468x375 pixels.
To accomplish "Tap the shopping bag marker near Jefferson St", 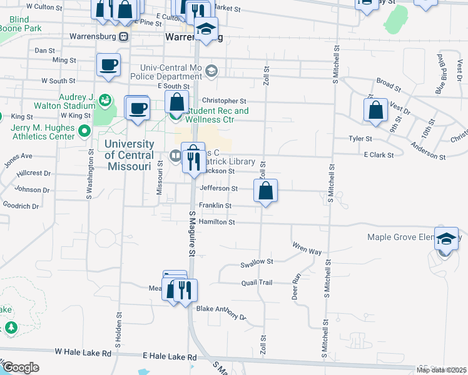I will pos(266,191).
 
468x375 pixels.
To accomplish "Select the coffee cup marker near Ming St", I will pos(108,66).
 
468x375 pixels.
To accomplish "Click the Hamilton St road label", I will pos(216,222).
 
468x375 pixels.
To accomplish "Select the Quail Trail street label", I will pos(257,282).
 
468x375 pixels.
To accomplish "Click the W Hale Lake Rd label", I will pos(83,353).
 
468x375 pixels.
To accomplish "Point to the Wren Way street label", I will pos(307,251).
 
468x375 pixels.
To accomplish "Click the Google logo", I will pos(20,367).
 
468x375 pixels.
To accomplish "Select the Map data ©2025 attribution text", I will pos(441,370).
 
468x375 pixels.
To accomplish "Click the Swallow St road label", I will pos(257,262).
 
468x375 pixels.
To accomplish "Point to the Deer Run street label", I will pos(297,286).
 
